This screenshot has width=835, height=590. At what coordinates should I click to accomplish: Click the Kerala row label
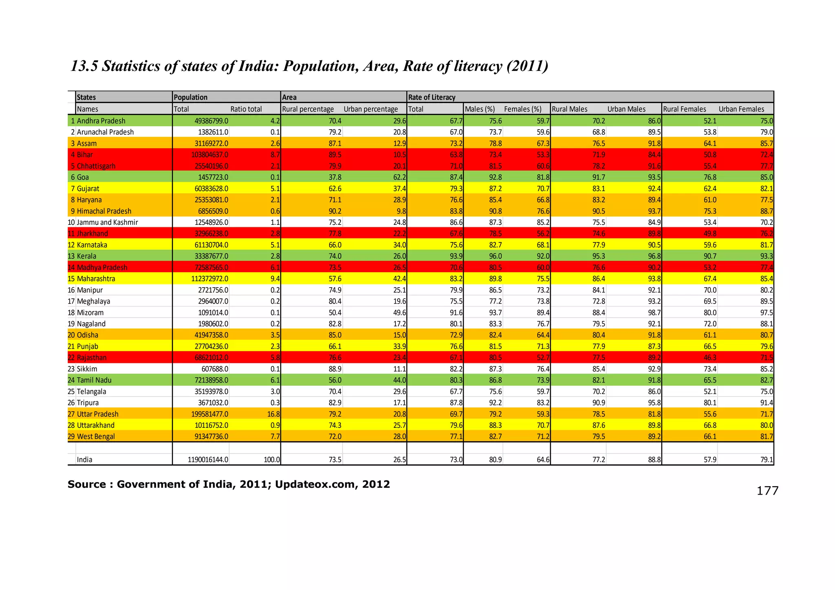[86, 256]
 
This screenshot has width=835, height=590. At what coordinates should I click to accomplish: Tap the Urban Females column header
[741, 109]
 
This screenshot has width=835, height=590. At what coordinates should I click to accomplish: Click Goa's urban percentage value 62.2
[399, 177]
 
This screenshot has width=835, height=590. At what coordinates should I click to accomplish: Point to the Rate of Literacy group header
[431, 97]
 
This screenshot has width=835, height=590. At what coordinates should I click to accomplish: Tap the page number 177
[767, 491]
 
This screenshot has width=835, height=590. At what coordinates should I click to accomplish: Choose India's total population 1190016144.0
[208, 460]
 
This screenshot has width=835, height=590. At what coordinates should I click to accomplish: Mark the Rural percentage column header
[308, 109]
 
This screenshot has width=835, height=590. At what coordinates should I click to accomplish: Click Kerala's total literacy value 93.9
[455, 256]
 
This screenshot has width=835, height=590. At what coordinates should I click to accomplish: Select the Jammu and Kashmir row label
[107, 222]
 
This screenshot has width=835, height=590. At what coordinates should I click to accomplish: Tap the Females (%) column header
[523, 109]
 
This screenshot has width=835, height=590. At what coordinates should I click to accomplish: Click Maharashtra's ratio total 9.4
[275, 279]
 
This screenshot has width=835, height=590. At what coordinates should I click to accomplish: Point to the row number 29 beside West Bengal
[71, 436]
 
